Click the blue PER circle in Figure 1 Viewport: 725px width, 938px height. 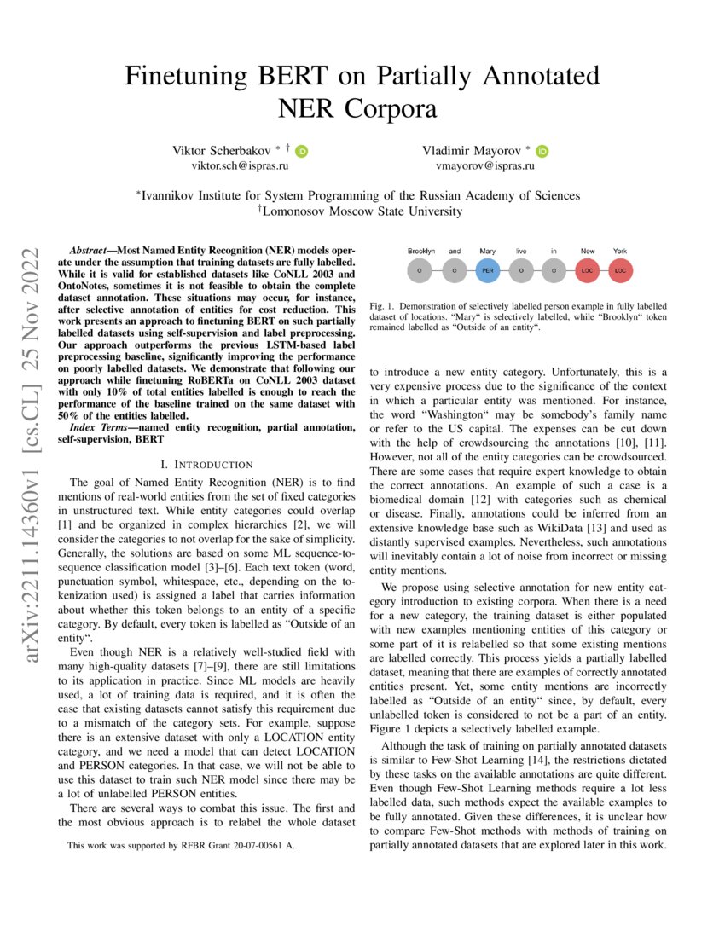[x=487, y=271]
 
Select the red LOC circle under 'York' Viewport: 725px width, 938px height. [x=621, y=271]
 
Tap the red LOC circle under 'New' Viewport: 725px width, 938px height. [x=588, y=271]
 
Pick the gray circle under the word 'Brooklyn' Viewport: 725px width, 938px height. [x=420, y=271]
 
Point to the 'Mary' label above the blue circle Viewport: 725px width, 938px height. [x=487, y=252]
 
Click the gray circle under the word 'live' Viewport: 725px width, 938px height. [x=520, y=271]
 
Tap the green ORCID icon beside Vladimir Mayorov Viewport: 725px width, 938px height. [x=543, y=151]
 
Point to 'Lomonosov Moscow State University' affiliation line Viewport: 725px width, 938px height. [x=362, y=211]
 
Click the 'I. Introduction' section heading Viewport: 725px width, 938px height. [x=207, y=465]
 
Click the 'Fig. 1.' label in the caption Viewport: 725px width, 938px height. [x=380, y=306]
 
